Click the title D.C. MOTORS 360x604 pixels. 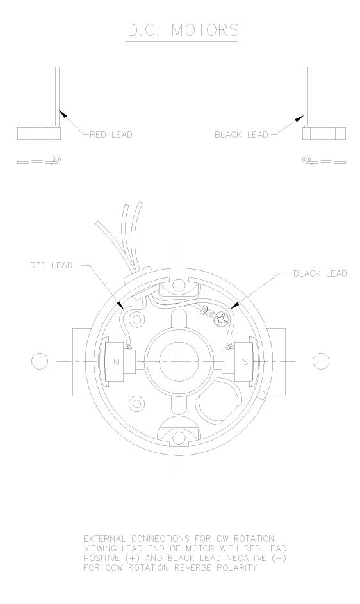(x=183, y=30)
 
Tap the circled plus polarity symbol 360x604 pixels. (x=39, y=361)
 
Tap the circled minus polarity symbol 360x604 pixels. (x=321, y=361)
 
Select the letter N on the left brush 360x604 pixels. (x=116, y=362)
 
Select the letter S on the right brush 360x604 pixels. (x=245, y=362)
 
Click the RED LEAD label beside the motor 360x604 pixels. (x=51, y=265)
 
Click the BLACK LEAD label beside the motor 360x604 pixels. (x=320, y=273)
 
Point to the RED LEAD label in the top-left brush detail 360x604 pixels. (x=111, y=135)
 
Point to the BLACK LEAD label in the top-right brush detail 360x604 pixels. (x=241, y=135)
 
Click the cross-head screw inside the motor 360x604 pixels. (x=222, y=319)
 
